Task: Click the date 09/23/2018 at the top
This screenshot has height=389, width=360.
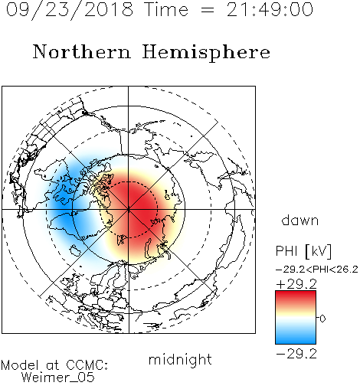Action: tap(70, 10)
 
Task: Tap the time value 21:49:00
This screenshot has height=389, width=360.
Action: tap(270, 10)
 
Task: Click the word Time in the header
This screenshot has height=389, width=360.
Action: tap(166, 10)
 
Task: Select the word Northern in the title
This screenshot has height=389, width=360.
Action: tap(82, 52)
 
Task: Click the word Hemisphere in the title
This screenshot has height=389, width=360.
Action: tap(206, 53)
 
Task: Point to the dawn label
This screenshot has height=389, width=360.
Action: tap(300, 220)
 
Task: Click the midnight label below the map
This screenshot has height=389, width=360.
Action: tap(180, 359)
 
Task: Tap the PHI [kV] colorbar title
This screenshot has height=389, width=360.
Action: tap(303, 251)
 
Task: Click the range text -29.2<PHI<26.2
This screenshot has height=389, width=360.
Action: tap(317, 270)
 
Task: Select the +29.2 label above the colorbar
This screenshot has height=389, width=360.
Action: tap(296, 284)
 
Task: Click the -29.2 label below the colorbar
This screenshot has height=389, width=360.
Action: tap(296, 354)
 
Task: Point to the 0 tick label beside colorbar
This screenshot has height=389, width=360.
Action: tap(322, 319)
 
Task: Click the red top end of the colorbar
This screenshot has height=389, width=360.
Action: tap(296, 293)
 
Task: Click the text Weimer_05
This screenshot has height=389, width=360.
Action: tap(58, 378)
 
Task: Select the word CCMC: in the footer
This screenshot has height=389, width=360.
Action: tap(87, 365)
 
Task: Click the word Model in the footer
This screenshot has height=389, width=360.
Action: tap(20, 365)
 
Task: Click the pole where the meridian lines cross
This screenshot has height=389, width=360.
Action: tap(129, 210)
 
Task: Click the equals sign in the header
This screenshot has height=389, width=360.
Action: tap(208, 10)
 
